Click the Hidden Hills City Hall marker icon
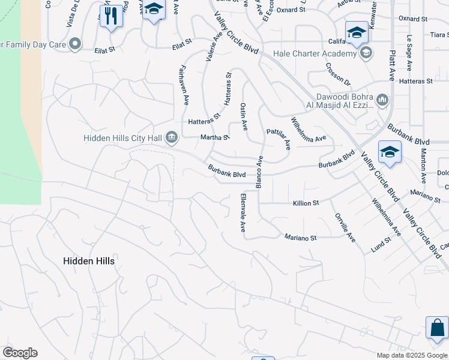172,138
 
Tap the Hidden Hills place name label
89,261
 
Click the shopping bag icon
437,328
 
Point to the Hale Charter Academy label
315,53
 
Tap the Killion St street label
306,203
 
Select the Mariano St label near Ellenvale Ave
300,238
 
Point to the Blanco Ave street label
260,172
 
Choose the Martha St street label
215,137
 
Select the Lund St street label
381,245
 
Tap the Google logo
20,353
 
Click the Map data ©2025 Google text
411,355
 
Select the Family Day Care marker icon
75,43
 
